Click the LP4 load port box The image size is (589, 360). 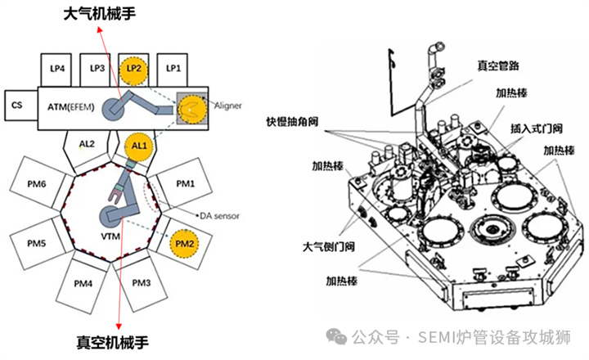tap(58, 69)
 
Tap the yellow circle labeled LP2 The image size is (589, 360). tap(134, 70)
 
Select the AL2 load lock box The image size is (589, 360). tap(88, 145)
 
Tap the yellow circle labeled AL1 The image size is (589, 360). tap(137, 146)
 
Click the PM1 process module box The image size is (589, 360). tap(187, 183)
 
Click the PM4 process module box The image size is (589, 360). tap(83, 283)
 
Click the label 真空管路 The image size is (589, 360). tap(502, 62)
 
